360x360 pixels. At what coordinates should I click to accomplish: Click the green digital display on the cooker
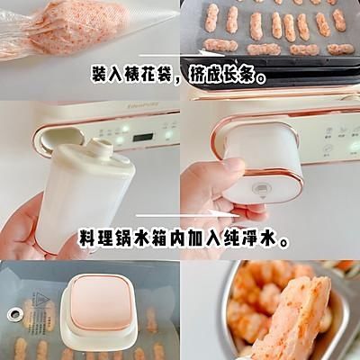tap(141, 138)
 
